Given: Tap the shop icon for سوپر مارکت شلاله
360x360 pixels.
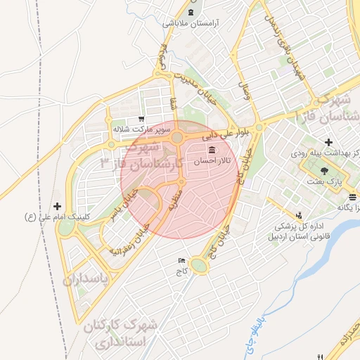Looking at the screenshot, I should point(141,119).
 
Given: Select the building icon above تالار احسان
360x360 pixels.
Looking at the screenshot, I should point(212,150).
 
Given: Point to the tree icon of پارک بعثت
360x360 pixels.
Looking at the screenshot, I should point(324,170).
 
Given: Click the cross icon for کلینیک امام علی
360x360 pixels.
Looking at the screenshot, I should point(58,206).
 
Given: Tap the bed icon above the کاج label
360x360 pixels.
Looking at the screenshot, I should point(183,260).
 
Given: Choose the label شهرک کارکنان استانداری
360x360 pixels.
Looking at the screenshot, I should point(130,335).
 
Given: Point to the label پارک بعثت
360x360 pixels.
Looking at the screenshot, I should point(343,181).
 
